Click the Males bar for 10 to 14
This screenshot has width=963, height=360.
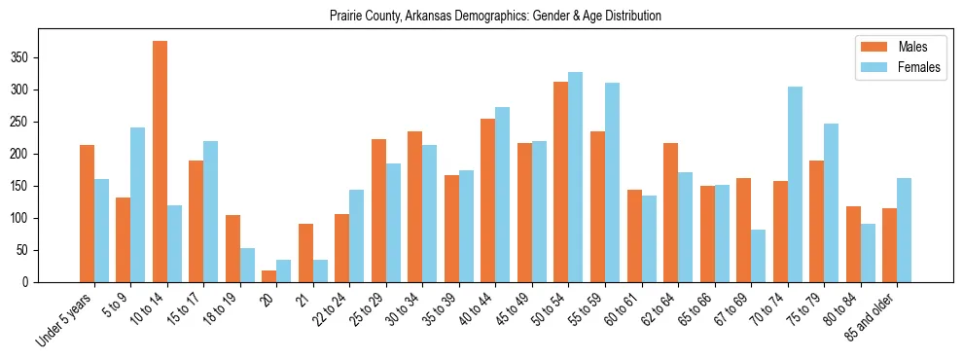pos(160,162)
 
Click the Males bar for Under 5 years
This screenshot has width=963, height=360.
pos(87,214)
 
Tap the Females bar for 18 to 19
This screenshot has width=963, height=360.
pos(248,265)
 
